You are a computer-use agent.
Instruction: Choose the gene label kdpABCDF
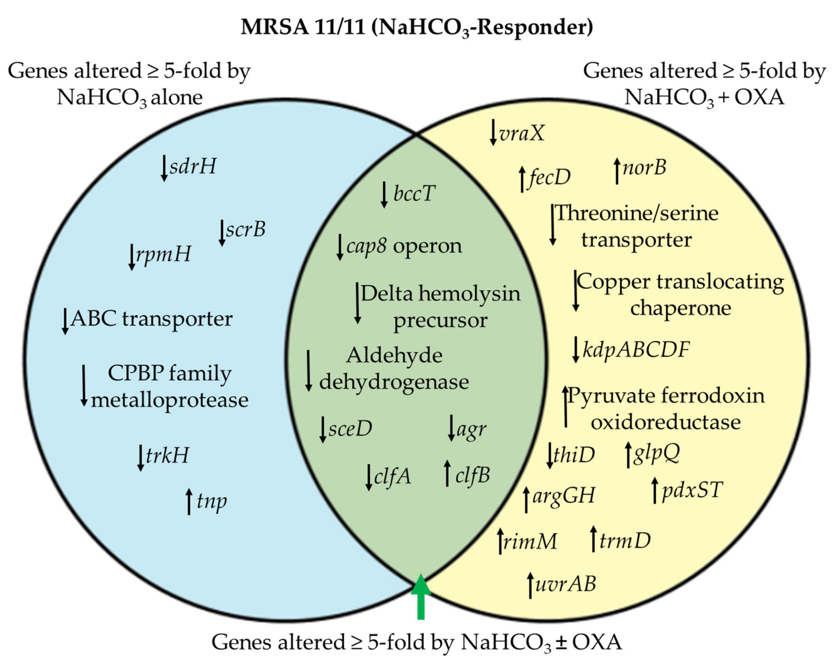pos(636,349)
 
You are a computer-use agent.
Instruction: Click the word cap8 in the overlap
pos(366,246)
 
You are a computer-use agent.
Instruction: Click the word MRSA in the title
pos(275,27)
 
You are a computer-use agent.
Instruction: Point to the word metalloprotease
pos(169,400)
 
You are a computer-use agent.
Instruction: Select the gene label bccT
pos(414,193)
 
